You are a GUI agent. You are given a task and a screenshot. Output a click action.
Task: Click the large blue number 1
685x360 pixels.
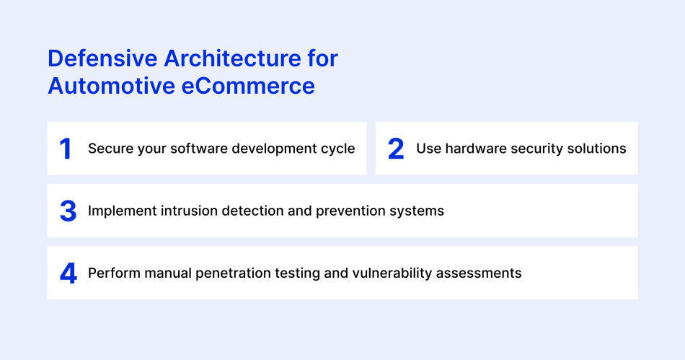pyautogui.click(x=66, y=149)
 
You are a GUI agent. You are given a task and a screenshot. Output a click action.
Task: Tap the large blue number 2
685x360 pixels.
pyautogui.click(x=396, y=149)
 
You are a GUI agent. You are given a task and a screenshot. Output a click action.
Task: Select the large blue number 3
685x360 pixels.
pyautogui.click(x=68, y=211)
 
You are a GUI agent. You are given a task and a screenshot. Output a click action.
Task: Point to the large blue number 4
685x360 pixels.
pyautogui.click(x=68, y=273)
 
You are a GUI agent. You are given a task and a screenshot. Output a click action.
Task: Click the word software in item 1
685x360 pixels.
pyautogui.click(x=195, y=149)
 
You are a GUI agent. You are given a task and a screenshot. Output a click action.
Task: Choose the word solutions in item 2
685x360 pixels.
pyautogui.click(x=597, y=149)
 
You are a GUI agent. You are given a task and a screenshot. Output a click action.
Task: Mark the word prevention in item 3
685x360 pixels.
pyautogui.click(x=329, y=211)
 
